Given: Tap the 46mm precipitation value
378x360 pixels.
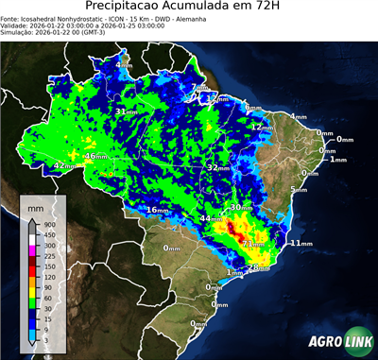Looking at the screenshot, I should click(x=96, y=156).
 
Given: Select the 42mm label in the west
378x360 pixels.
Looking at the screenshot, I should click(x=63, y=165).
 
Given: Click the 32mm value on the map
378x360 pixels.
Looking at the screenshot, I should click(x=218, y=167).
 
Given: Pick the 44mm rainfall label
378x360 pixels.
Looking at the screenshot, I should click(x=210, y=219).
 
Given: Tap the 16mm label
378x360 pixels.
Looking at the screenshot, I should click(x=157, y=209).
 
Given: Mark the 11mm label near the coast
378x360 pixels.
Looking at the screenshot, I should click(x=301, y=243).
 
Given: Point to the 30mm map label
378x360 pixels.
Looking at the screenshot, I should click(x=241, y=207).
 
